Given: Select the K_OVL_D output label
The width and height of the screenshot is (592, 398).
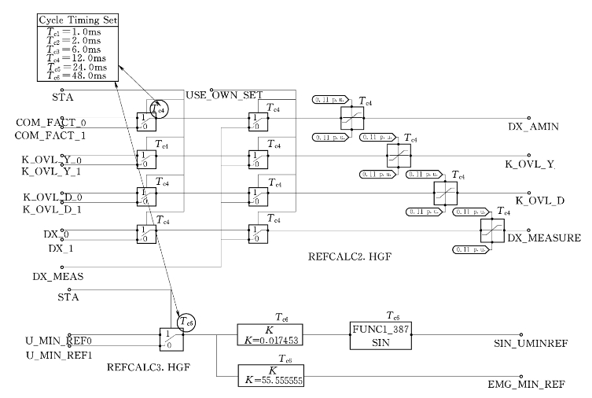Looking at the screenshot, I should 540,201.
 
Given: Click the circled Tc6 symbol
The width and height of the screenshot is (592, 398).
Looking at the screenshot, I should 185,320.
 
